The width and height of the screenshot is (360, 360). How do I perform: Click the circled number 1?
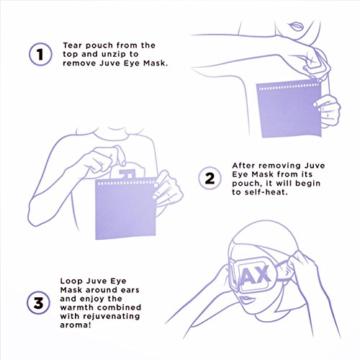point(40,54)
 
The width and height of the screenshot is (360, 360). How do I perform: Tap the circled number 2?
point(210,179)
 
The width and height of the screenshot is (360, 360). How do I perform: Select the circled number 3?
point(38,303)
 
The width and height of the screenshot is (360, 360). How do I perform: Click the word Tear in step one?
point(73,45)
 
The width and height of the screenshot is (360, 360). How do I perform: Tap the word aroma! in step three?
point(76,325)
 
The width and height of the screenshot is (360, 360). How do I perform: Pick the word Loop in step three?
point(71,282)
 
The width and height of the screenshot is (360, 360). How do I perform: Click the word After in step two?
point(244,166)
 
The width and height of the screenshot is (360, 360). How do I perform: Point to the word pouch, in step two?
point(247,184)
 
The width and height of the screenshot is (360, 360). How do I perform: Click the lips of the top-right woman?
point(297,26)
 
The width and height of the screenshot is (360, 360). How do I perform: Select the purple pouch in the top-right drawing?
point(289,109)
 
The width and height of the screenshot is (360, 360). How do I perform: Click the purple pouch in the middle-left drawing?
point(125,208)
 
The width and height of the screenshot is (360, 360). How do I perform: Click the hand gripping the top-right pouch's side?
point(327,110)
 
